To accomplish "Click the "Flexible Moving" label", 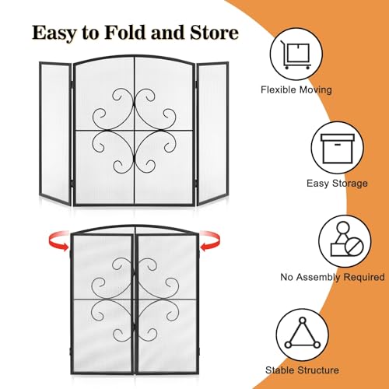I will click(x=296, y=89).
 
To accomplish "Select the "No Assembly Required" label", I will click(x=332, y=277).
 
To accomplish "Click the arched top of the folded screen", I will click(x=135, y=226).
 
